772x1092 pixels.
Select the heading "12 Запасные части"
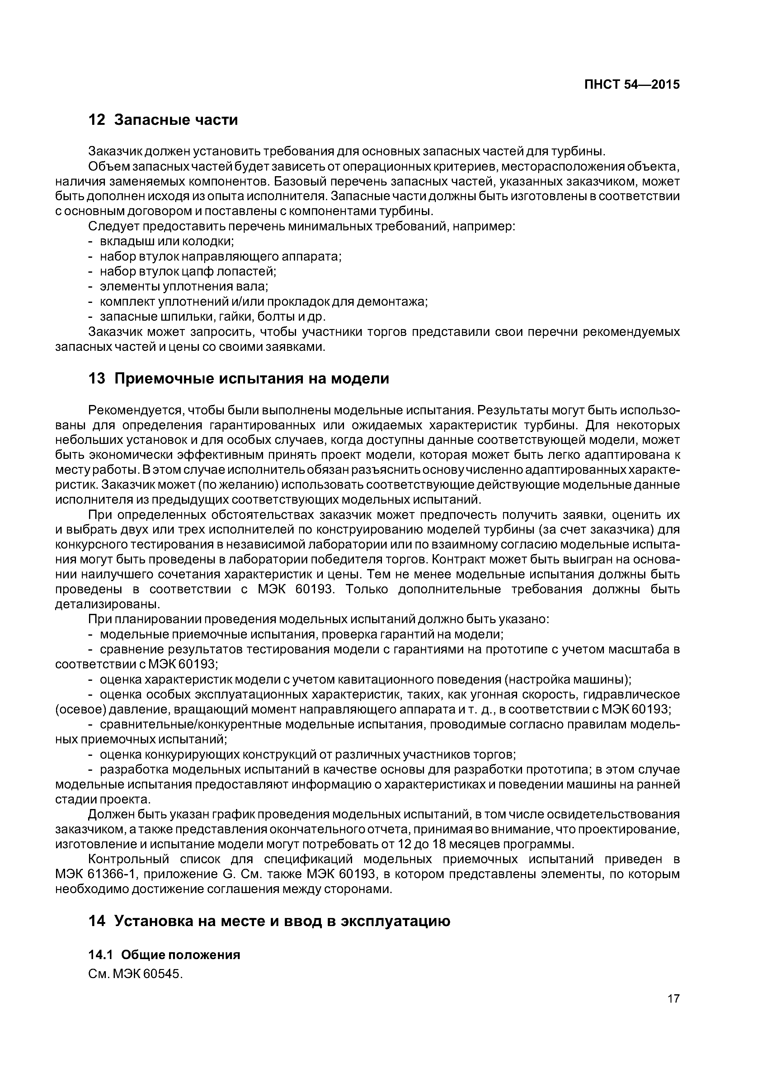(x=163, y=120)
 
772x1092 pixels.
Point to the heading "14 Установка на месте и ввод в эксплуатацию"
(x=269, y=921)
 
